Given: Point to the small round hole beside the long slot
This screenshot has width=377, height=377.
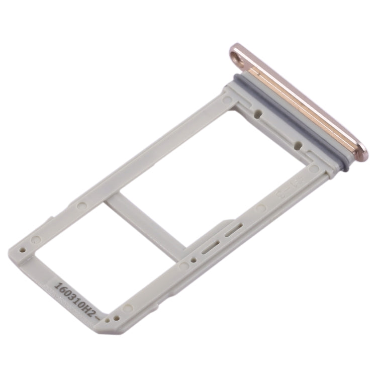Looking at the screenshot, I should click(193, 261).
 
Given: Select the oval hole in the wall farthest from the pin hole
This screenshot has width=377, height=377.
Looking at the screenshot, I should click(298, 146).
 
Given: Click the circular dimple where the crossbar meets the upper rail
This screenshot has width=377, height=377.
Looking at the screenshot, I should click(80, 206).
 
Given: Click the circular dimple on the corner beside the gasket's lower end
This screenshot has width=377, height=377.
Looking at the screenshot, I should click(314, 169).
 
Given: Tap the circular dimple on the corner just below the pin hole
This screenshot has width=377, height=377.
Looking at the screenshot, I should click(228, 100).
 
